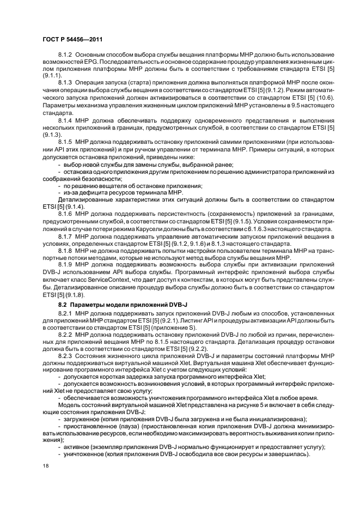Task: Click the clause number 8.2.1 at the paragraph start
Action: pyautogui.click(x=66, y=314)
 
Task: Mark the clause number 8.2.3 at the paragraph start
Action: pyautogui.click(x=66, y=355)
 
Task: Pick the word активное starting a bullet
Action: pyautogui.click(x=78, y=447)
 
